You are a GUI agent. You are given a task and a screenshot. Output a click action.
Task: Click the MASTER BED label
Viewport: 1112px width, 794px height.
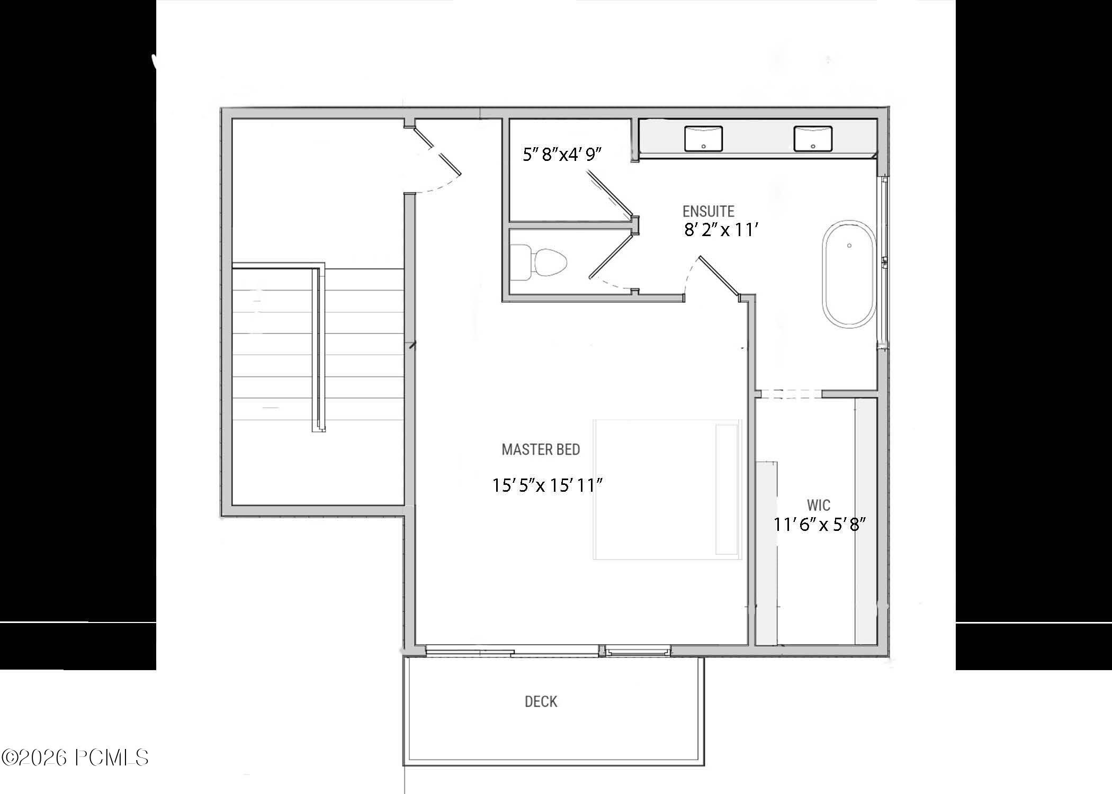click(541, 449)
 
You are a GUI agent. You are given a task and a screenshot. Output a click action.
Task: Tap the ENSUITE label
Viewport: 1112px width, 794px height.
click(708, 211)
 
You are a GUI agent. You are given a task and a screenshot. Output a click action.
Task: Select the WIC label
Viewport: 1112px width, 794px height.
click(818, 505)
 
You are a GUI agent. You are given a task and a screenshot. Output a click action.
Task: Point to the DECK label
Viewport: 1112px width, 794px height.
click(541, 701)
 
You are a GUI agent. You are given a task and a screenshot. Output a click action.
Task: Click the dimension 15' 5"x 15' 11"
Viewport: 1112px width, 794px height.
click(548, 485)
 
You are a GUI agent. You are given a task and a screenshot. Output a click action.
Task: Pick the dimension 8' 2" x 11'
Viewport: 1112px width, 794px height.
click(721, 230)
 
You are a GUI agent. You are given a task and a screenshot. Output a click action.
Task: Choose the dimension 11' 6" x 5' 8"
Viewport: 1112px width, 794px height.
click(819, 525)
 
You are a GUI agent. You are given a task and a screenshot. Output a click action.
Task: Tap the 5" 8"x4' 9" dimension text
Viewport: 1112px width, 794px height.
click(562, 155)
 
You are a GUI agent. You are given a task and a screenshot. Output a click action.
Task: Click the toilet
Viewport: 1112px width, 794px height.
click(540, 262)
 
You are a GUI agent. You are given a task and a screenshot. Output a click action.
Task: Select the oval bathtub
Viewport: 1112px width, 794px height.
click(849, 274)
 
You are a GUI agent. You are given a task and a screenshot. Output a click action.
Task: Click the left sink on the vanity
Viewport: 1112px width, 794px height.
click(703, 138)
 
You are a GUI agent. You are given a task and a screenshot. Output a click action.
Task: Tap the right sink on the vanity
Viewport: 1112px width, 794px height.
click(812, 138)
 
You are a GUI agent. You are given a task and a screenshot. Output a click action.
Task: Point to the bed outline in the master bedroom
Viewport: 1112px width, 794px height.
click(667, 489)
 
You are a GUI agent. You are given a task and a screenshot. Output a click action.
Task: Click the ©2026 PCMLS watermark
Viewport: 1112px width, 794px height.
click(75, 758)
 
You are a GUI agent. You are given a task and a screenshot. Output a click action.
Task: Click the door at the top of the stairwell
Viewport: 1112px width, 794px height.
click(437, 150)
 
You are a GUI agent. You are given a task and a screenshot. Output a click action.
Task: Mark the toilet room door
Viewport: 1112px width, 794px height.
click(612, 256)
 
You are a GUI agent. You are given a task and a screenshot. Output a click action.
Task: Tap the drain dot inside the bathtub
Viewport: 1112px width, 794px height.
click(849, 246)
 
